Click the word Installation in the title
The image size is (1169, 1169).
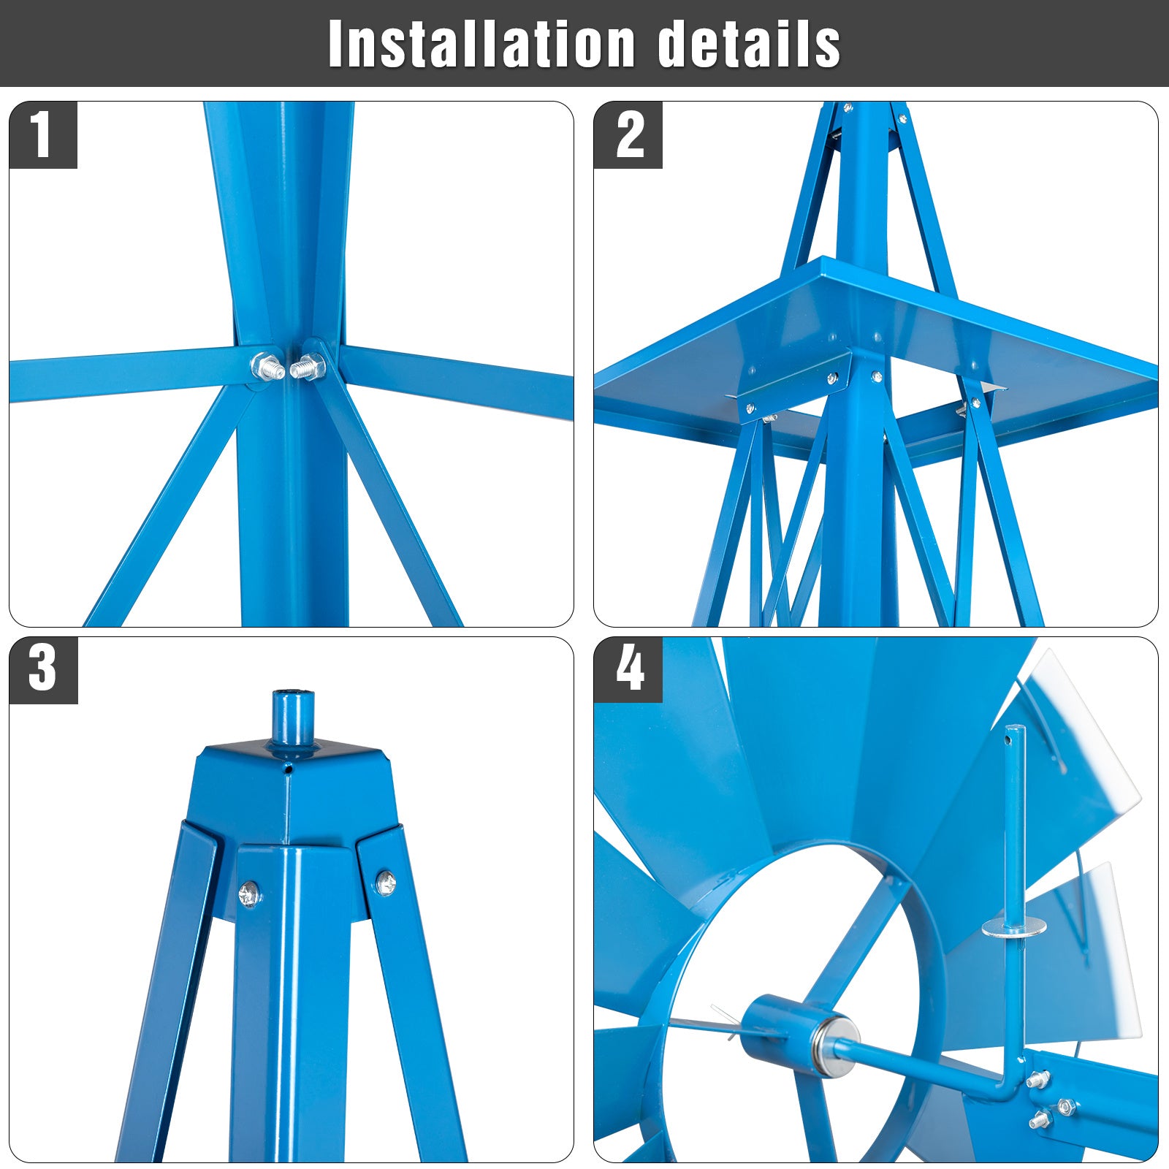(x=481, y=44)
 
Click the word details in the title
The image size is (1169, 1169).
(x=749, y=44)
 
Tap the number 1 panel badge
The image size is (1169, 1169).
(x=42, y=135)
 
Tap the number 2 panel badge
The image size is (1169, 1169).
(x=628, y=135)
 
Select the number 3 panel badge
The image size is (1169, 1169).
(x=42, y=670)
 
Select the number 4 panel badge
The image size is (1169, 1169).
(x=628, y=670)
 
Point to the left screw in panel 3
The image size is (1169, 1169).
(x=250, y=893)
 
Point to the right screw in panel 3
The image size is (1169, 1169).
(x=386, y=883)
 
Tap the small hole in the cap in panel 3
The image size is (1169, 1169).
(x=289, y=769)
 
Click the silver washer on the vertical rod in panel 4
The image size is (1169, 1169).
(x=1014, y=929)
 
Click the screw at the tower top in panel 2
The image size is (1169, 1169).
(x=848, y=108)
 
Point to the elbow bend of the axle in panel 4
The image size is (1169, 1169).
(x=1010, y=1092)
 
